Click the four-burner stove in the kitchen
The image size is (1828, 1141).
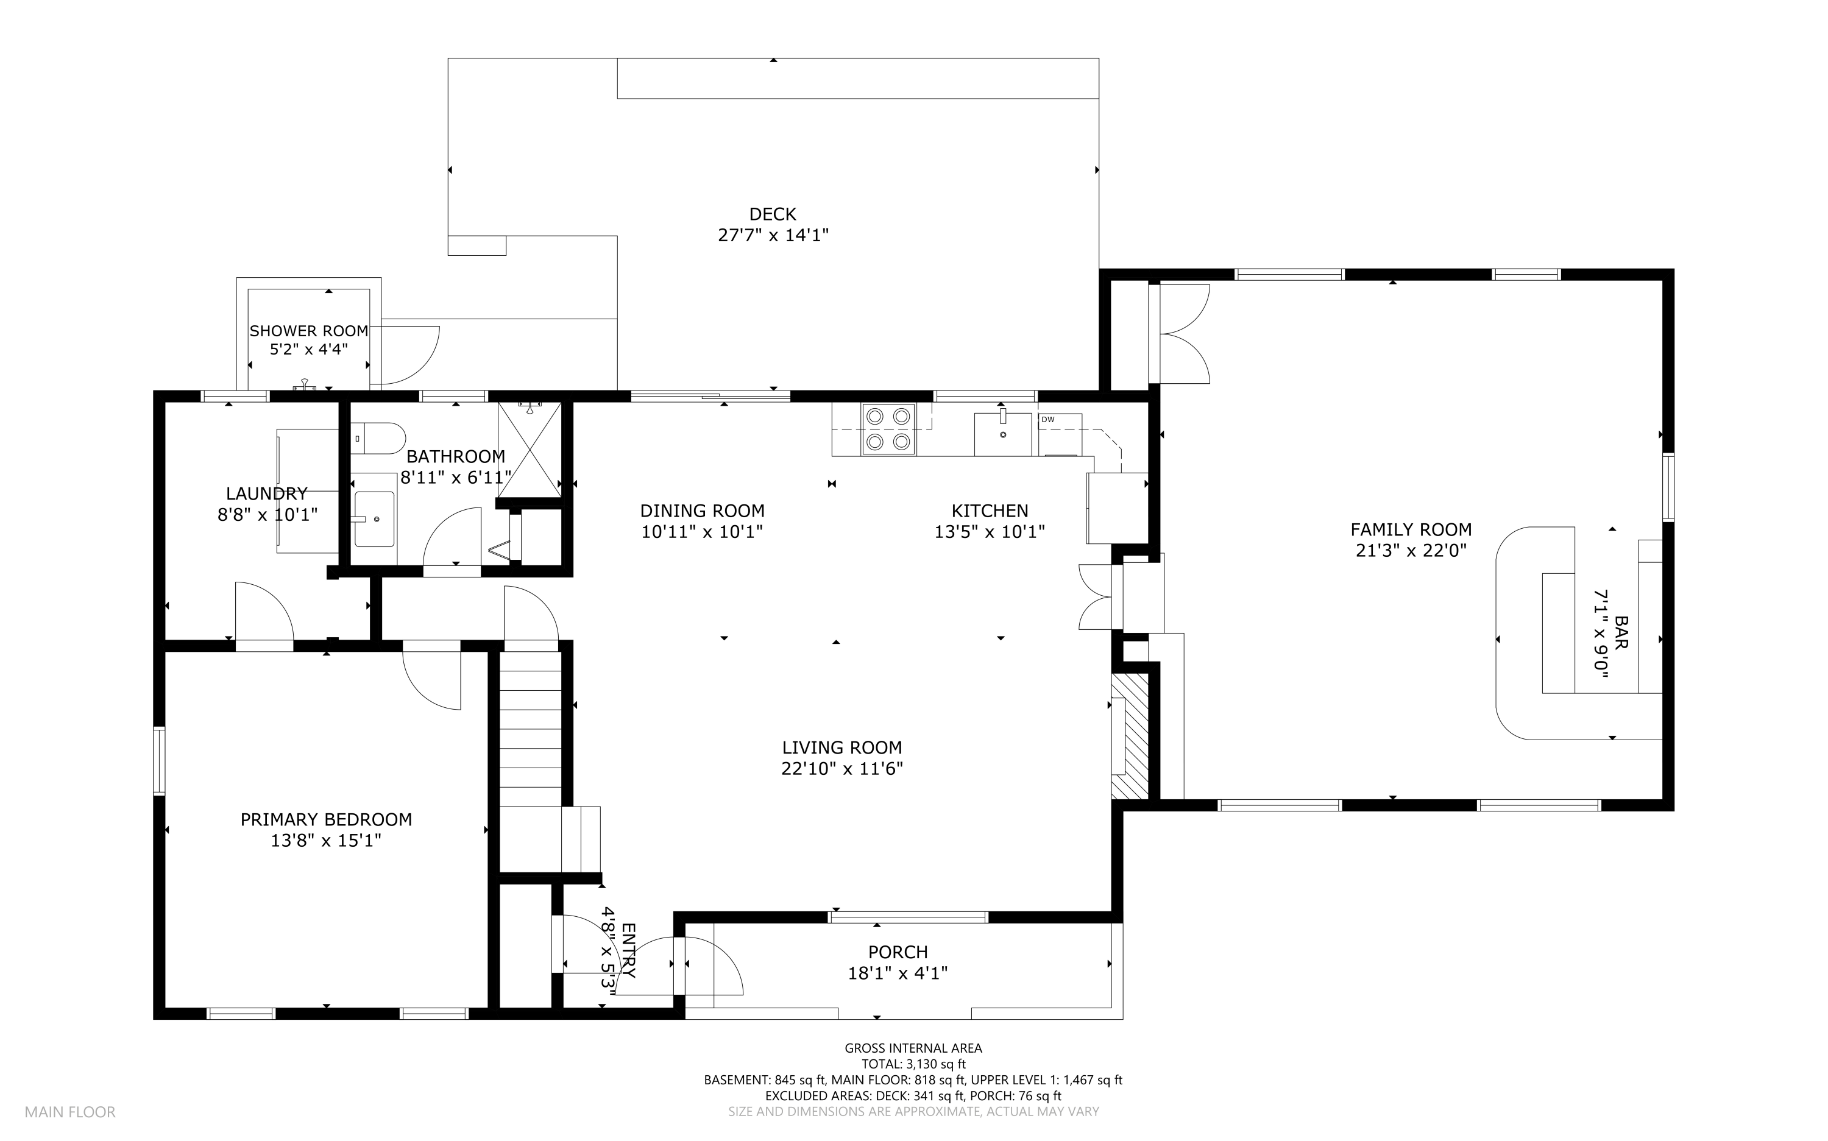coord(888,429)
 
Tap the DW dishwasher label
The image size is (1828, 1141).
coord(1047,420)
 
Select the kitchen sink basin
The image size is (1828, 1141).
coord(1002,435)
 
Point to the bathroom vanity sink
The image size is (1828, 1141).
coord(374,518)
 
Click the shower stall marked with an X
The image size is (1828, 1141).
coord(529,450)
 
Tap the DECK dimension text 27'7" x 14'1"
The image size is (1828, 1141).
coord(773,235)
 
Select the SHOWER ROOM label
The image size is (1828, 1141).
coord(309,331)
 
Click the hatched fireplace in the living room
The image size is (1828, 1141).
coord(1129,736)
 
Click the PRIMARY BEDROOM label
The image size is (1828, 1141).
coord(326,819)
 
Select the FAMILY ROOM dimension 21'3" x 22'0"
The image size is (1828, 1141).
coord(1411,551)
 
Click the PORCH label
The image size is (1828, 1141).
coord(898,952)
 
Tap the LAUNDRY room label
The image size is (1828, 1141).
coord(266,493)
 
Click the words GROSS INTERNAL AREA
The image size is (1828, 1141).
coord(913,1048)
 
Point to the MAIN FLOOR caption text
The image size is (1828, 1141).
coord(70,1112)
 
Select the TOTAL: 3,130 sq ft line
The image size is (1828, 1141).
coord(913,1064)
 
